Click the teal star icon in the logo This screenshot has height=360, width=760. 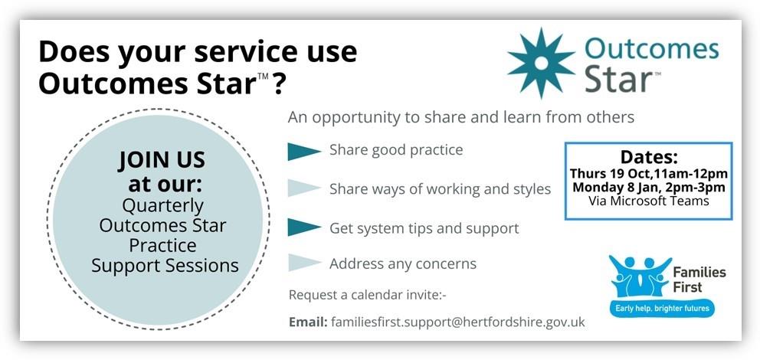coord(541,63)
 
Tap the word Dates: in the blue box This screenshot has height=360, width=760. coord(649,158)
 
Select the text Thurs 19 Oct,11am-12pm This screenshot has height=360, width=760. coord(648,173)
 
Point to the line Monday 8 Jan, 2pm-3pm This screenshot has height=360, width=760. coord(648,188)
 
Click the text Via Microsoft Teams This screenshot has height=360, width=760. coord(648,201)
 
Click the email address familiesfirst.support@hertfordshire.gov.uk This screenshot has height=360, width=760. coord(458,322)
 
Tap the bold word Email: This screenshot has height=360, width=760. coord(308,322)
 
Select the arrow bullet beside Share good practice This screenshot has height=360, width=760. coord(304,151)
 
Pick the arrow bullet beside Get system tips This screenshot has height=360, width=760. coord(304,227)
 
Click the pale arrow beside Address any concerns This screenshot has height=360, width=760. coord(304,263)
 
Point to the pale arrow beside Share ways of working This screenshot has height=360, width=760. coord(304,188)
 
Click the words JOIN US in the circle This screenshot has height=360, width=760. coord(162,159)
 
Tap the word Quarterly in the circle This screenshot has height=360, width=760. coord(163,206)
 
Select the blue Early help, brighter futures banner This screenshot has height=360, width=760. coord(662,308)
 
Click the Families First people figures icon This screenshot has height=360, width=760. coord(640,276)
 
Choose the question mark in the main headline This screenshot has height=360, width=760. coord(278,83)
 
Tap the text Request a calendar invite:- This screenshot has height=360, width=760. coord(368,295)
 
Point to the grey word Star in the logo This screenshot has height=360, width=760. coord(618,80)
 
